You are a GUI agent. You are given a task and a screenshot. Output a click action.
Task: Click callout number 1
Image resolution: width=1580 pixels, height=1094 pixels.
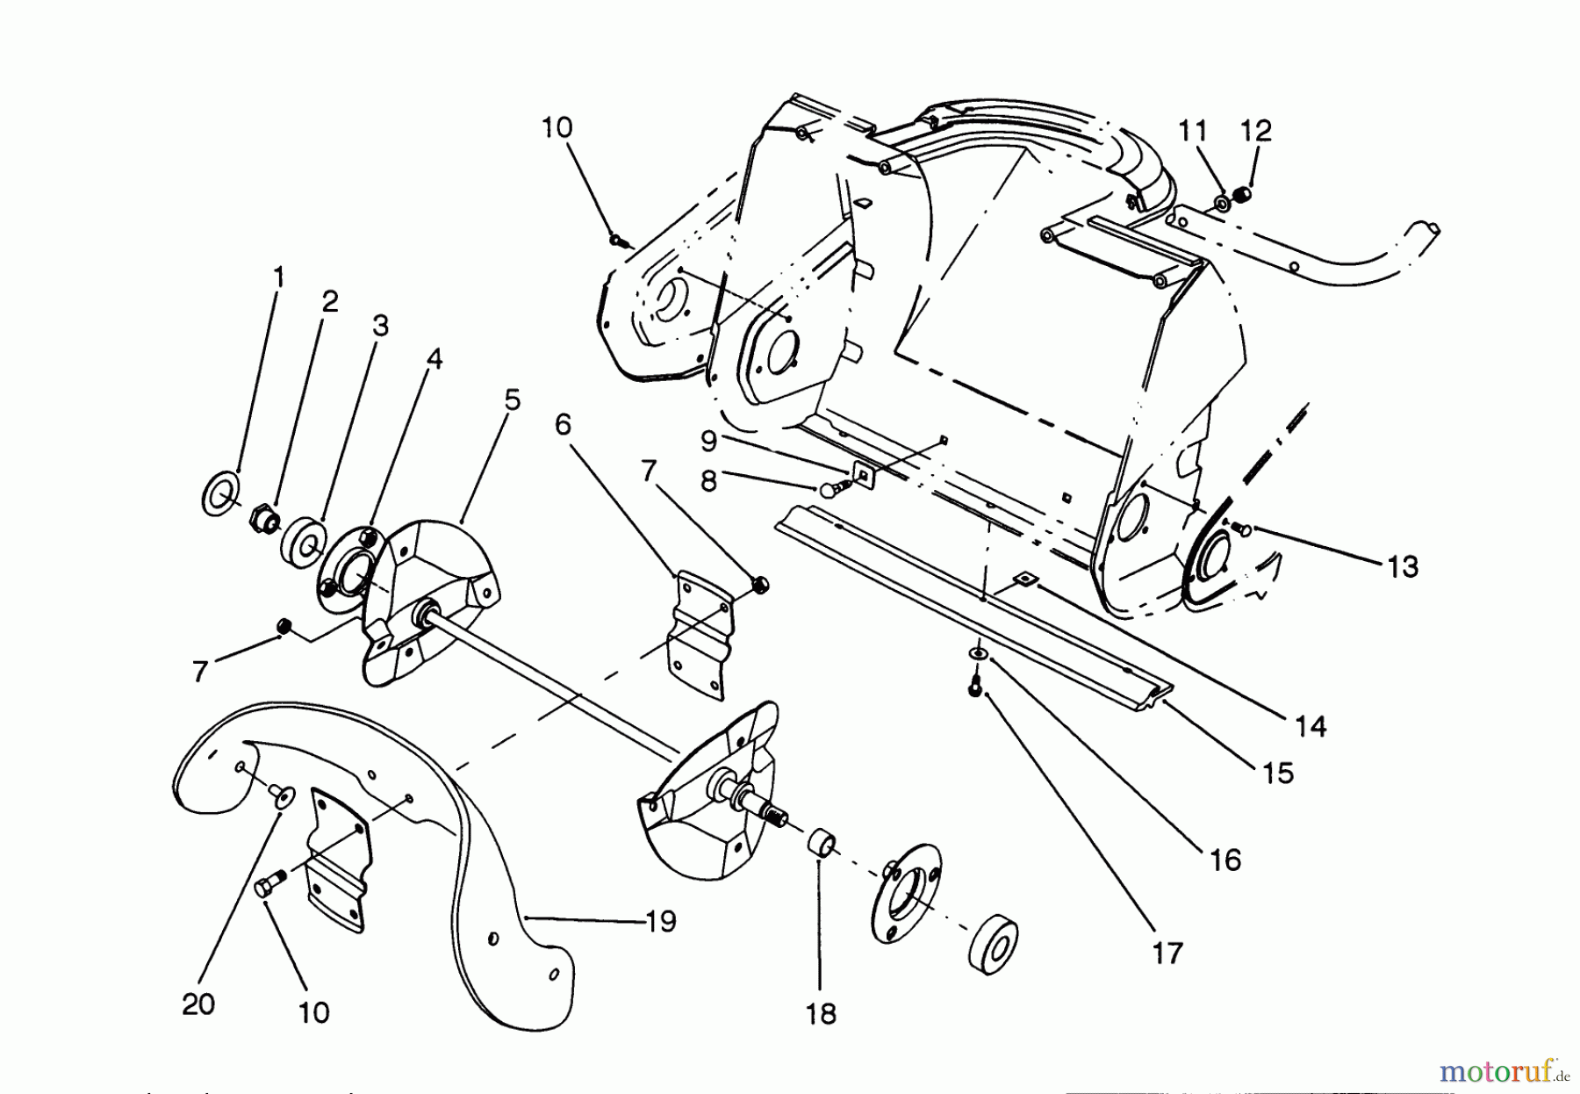278,278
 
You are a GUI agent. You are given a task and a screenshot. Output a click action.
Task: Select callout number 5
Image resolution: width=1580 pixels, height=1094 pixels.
512,400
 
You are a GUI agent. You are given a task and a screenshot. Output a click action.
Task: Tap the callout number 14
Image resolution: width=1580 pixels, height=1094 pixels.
1311,726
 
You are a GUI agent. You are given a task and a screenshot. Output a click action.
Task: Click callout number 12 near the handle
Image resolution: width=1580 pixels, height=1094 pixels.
1255,132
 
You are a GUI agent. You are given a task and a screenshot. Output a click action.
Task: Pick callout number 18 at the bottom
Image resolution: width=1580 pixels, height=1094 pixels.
821,1014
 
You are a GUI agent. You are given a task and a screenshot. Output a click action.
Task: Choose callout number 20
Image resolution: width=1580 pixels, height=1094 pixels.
198,1004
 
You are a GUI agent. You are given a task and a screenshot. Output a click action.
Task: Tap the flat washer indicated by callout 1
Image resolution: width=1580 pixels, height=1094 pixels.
218,494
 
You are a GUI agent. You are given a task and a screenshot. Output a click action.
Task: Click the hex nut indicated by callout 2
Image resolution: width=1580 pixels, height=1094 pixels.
262,516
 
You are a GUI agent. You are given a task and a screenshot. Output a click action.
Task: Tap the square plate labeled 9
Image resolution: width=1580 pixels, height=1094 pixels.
863,476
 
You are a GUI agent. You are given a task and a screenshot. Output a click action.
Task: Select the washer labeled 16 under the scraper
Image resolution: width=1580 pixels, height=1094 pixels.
977,655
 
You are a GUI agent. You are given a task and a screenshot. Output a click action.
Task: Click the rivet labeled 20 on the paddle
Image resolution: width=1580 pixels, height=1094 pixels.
281,795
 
